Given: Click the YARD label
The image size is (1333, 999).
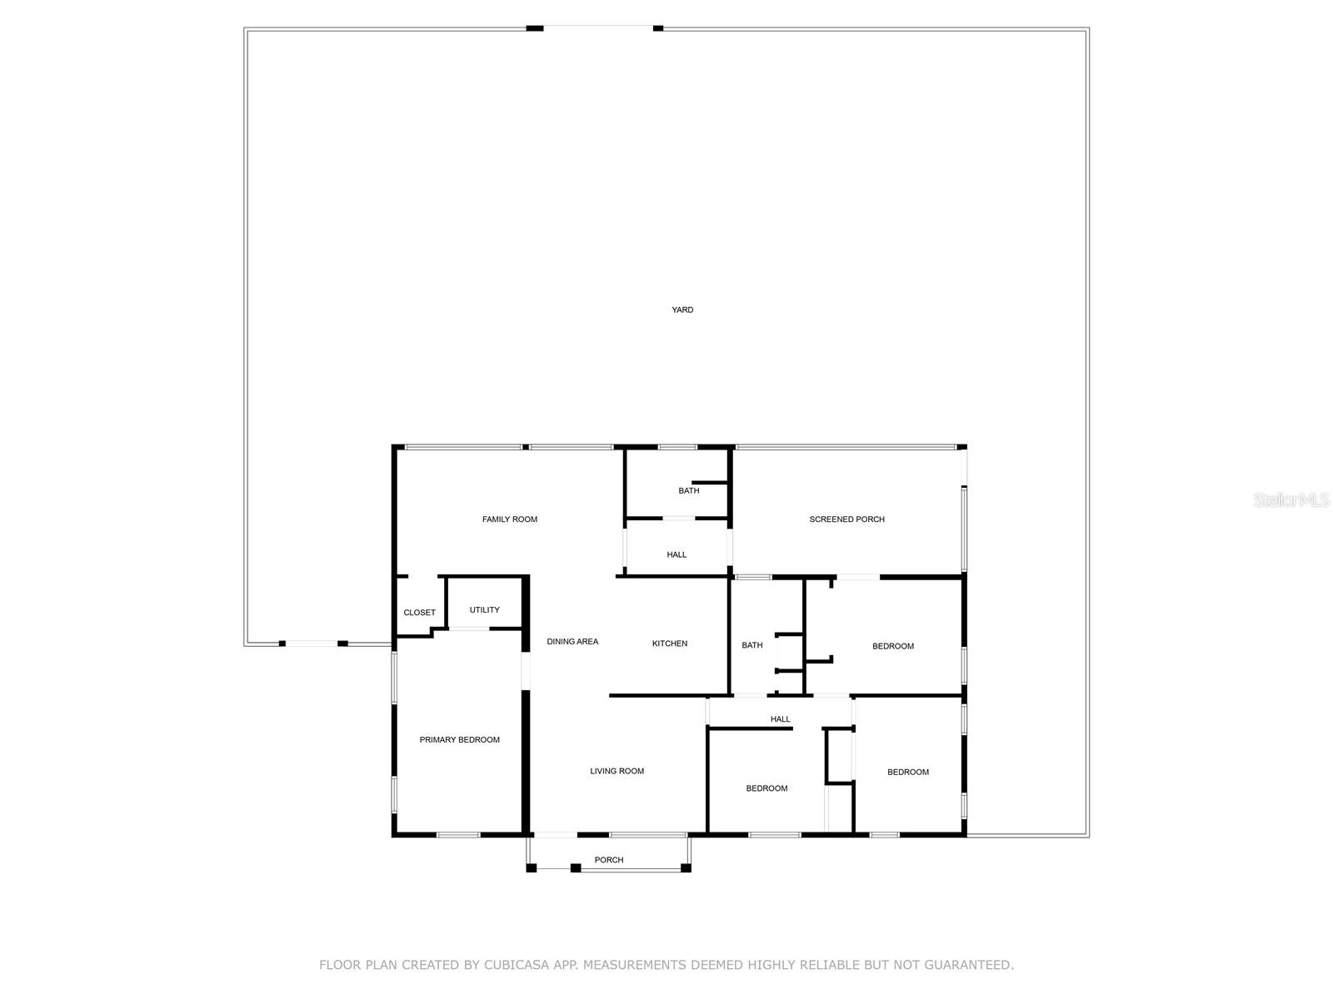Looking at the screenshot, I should pyautogui.click(x=682, y=310).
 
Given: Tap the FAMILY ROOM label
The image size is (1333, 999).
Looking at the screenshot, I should pyautogui.click(x=509, y=519).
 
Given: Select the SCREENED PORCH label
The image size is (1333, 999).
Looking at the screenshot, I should pyautogui.click(x=846, y=519).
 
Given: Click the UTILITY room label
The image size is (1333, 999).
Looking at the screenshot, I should pyautogui.click(x=484, y=610).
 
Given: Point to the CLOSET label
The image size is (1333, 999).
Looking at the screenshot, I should pyautogui.click(x=419, y=613).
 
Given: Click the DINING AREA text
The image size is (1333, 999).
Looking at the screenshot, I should pyautogui.click(x=572, y=642).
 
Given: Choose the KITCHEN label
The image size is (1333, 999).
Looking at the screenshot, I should pyautogui.click(x=669, y=644).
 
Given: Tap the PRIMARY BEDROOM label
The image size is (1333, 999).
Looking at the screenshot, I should pyautogui.click(x=459, y=740).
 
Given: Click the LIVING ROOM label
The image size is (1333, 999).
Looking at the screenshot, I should pyautogui.click(x=617, y=771).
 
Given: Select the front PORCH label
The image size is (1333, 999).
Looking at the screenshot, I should pyautogui.click(x=608, y=860).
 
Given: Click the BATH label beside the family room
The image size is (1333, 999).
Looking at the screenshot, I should pyautogui.click(x=688, y=491).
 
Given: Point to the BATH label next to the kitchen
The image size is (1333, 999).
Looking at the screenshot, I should pyautogui.click(x=751, y=645).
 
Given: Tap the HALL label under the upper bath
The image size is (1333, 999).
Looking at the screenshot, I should pyautogui.click(x=676, y=554).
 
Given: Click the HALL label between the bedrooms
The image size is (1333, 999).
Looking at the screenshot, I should pyautogui.click(x=780, y=719).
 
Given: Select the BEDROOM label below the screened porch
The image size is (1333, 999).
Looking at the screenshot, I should pyautogui.click(x=892, y=646).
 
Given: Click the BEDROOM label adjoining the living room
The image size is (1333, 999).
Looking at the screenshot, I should pyautogui.click(x=766, y=788).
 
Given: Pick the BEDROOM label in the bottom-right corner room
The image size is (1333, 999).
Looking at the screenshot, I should pyautogui.click(x=907, y=773).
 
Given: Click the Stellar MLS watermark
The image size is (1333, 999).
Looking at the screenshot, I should pyautogui.click(x=1291, y=499).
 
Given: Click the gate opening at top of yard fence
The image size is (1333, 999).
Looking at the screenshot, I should pyautogui.click(x=598, y=28).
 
